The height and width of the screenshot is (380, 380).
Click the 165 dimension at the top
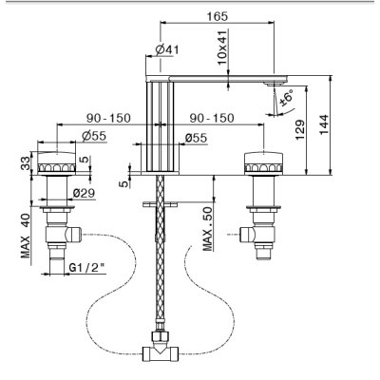[x=218, y=16]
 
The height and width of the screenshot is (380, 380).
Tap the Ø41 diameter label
[x=167, y=49]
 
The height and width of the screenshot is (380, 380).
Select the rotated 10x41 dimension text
[x=222, y=47]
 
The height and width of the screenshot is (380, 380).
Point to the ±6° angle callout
[x=287, y=98]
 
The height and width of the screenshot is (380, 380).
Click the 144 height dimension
[x=324, y=124]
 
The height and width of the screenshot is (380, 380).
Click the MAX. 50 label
[x=208, y=229]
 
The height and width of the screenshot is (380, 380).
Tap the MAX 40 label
[x=26, y=236]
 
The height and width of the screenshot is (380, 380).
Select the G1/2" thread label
[x=87, y=268]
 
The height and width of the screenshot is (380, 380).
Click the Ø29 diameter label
[x=84, y=193]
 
